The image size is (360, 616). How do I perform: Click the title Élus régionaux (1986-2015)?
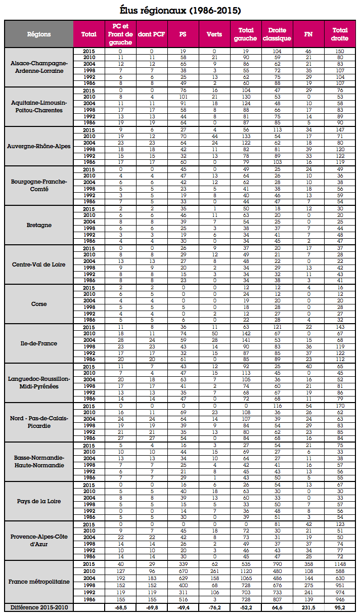tap(180, 10)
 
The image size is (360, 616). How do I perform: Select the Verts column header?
tap(214, 34)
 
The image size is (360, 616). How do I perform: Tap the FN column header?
tap(308, 34)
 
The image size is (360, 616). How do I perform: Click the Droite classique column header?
tap(277, 34)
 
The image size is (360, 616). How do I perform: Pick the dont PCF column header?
tap(151, 34)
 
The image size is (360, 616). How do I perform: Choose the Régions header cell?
tap(39, 34)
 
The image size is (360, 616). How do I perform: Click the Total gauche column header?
tap(246, 34)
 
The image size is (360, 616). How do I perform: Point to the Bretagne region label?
tap(39, 225)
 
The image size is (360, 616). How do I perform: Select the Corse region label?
tap(39, 304)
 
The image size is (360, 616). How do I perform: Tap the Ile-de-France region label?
tap(39, 343)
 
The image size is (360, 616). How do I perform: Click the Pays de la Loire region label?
tap(39, 501)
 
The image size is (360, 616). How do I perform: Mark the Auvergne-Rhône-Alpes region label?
tap(39, 146)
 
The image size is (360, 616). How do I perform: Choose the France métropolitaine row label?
tap(39, 581)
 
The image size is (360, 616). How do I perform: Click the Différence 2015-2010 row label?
tap(39, 607)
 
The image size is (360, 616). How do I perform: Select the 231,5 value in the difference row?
tap(308, 607)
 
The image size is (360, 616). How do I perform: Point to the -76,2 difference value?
tap(214, 607)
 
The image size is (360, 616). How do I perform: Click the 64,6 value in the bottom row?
tap(277, 607)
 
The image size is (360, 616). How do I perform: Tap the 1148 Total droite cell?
tap(339, 563)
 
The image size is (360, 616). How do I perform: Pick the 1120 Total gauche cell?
tap(246, 570)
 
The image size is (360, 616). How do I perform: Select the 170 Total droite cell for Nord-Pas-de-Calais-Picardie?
tap(339, 406)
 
